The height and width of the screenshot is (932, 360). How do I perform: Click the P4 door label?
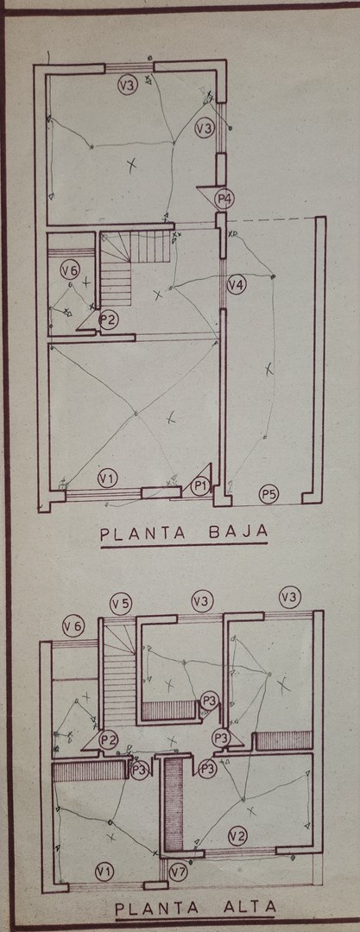tap(224, 199)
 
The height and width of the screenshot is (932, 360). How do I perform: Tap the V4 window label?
tap(236, 285)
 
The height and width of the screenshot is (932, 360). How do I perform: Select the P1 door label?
tap(201, 487)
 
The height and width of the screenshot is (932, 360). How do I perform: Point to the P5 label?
tap(269, 493)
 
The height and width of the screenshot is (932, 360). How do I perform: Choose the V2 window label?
tap(237, 836)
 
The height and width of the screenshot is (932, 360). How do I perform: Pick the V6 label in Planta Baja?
tap(70, 271)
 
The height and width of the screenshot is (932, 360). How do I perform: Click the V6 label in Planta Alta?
tap(75, 625)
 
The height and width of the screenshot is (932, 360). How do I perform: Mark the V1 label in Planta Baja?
tap(108, 477)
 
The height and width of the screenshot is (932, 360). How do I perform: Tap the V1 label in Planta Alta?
tap(104, 872)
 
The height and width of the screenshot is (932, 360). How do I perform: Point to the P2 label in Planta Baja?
tap(109, 320)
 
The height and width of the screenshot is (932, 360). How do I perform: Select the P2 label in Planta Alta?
tap(110, 740)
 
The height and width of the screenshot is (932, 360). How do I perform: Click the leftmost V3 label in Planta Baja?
tap(127, 86)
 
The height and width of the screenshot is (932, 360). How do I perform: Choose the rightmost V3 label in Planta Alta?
tap(290, 596)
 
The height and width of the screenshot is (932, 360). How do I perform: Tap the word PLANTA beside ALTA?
tap(158, 908)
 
